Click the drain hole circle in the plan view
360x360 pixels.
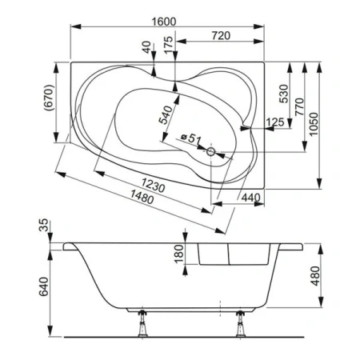[211, 150]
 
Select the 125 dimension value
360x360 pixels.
[274, 122]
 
